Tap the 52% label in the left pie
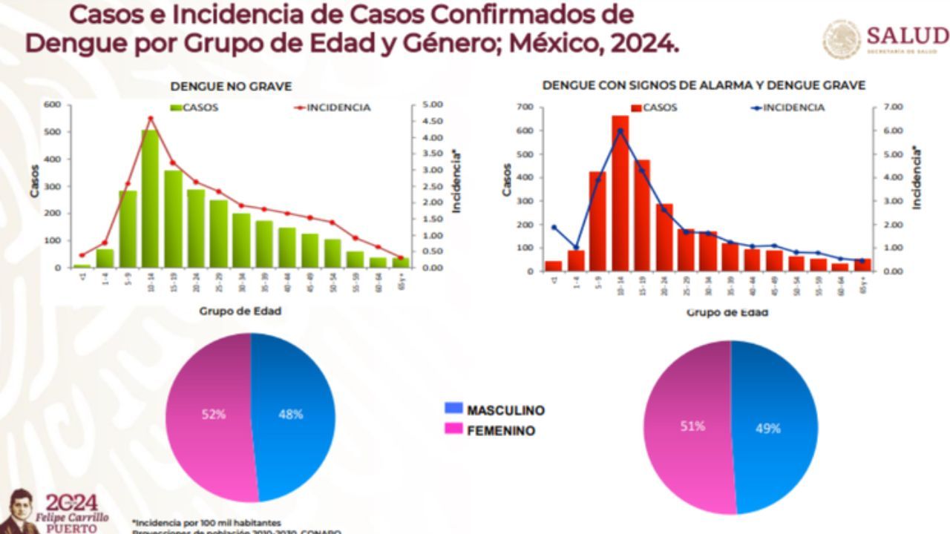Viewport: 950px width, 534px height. pos(214,415)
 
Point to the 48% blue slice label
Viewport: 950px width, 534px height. pos(290,415)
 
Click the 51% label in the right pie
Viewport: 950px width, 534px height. pos(692,426)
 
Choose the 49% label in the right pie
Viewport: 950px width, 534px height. pos(767,429)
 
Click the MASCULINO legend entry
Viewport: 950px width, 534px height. pos(505,409)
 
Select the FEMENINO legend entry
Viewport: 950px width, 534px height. pos(500,430)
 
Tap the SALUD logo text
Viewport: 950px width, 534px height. pos(907,36)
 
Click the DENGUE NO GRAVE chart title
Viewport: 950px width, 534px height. pos(231,87)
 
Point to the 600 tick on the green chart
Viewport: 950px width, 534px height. pos(51,105)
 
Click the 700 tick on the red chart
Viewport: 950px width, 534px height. pos(525,108)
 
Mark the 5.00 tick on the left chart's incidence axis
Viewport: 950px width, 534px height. pos(433,105)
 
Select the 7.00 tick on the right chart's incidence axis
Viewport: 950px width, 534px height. pos(893,108)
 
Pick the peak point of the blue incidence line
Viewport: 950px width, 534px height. pos(620,131)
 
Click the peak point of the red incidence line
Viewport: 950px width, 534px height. pos(150,118)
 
